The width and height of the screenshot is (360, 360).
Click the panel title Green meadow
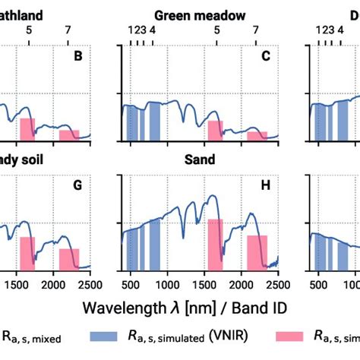(x=200, y=14)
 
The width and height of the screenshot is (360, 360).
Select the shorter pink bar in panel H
(x=257, y=251)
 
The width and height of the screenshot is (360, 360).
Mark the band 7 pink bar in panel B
(x=69, y=135)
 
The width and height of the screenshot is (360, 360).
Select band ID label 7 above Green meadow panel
(x=256, y=30)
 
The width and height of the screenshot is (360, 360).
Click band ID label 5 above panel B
(x=29, y=30)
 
